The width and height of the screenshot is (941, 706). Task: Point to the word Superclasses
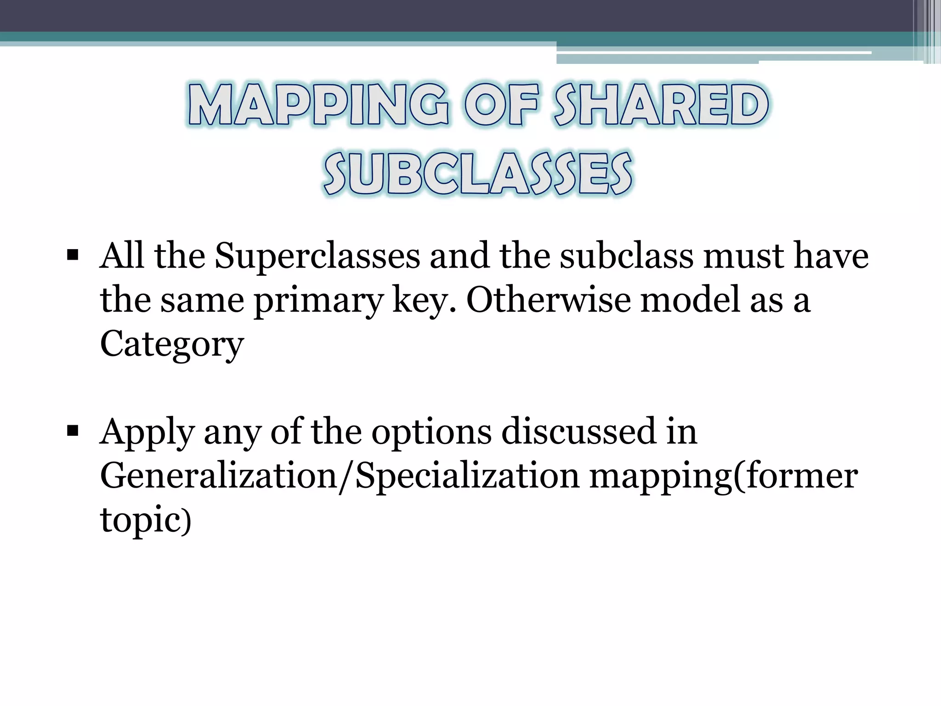tap(317, 256)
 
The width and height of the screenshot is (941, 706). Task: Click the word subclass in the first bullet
tap(627, 256)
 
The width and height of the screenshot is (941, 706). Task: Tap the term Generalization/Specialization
tap(340, 476)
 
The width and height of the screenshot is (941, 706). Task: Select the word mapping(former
tap(723, 476)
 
